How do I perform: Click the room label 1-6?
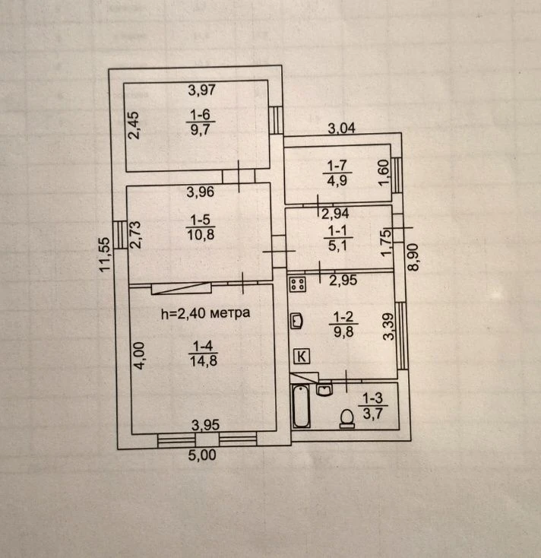point(201,115)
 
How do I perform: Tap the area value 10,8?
point(201,235)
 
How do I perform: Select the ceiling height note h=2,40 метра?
point(206,313)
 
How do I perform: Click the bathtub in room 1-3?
point(301,406)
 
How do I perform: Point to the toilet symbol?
point(347,418)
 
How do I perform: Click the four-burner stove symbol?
point(298,284)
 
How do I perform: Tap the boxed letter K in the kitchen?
point(302,356)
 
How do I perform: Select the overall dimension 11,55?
point(105,255)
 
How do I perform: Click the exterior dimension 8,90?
point(413,257)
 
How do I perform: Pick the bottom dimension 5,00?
point(202,455)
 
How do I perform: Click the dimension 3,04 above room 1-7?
point(341,128)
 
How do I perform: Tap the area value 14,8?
point(204,361)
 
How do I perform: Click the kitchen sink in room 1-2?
point(296,321)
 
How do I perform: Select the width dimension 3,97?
point(202,90)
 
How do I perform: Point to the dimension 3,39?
point(389,327)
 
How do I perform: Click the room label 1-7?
point(337,166)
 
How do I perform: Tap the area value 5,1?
point(337,246)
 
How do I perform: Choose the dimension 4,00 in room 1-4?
point(139,356)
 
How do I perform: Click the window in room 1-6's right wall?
point(276,120)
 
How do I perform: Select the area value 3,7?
point(373,414)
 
